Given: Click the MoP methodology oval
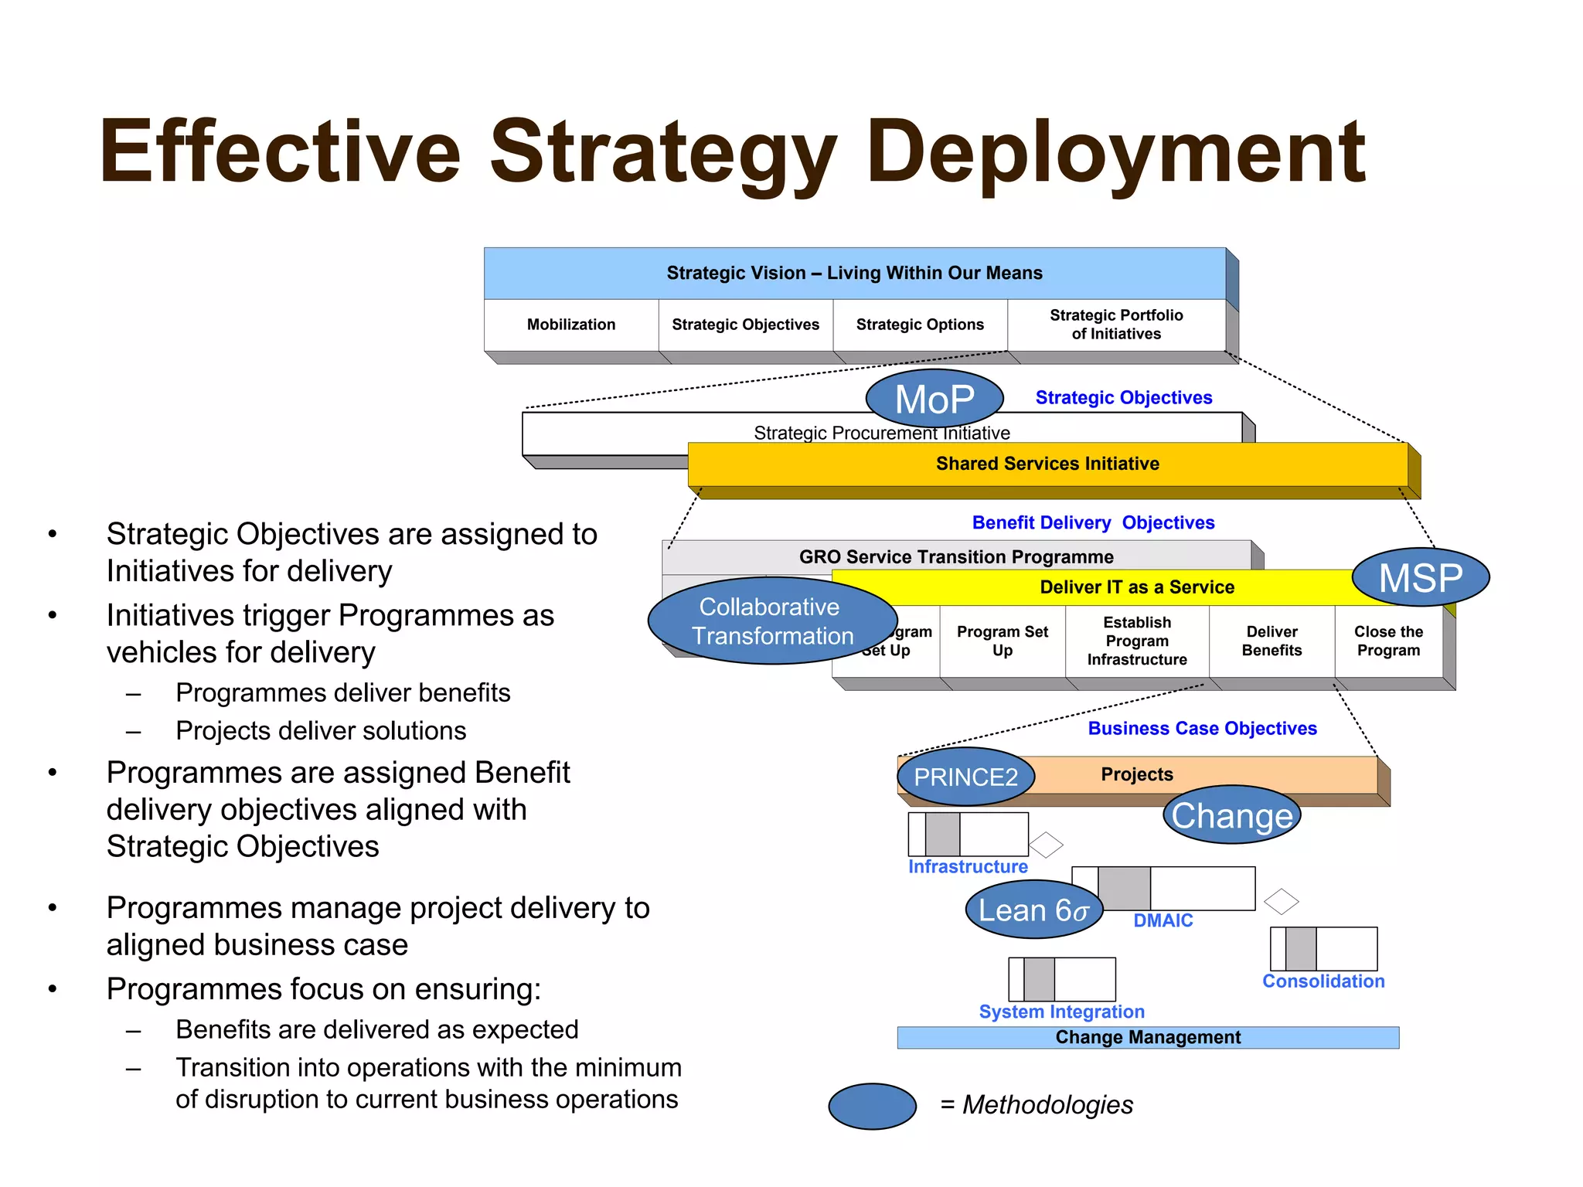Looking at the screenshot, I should click(x=934, y=399).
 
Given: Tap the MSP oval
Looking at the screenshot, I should click(x=1421, y=577).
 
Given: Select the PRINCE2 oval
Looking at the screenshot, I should click(x=965, y=777).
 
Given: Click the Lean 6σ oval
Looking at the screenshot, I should click(x=1033, y=910).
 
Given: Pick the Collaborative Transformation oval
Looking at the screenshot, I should click(x=772, y=621).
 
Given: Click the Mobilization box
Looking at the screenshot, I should click(x=571, y=325).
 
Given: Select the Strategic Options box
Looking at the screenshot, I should click(x=920, y=325).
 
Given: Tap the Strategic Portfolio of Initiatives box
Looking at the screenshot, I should click(x=1116, y=325).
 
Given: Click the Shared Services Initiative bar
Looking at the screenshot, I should click(x=1047, y=464).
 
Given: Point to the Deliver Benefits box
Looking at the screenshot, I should click(x=1272, y=641).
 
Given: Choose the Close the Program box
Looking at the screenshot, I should click(x=1388, y=641).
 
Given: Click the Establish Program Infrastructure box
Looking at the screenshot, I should click(x=1137, y=641).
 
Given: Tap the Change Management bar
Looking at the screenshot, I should click(x=1148, y=1037).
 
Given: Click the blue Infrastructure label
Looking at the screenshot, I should click(x=968, y=867).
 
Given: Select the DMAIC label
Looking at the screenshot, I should click(x=1163, y=920).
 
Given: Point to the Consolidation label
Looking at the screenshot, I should click(x=1323, y=981).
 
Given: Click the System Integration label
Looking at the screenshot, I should click(x=1061, y=1012).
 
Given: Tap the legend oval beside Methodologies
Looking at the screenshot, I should click(x=872, y=1106).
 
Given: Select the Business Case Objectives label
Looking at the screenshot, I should click(x=1202, y=729).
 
